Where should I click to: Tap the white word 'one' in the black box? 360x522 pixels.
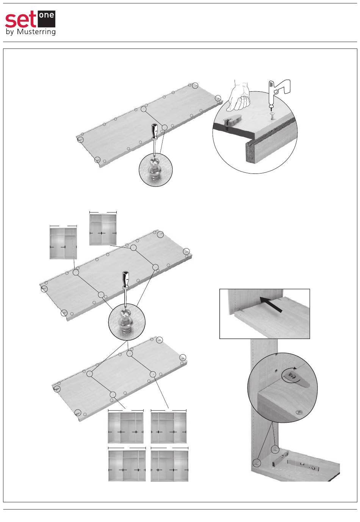pos(46,16)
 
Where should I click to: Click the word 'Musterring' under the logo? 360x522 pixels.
pos(36,32)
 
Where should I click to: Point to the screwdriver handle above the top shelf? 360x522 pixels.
pos(154,132)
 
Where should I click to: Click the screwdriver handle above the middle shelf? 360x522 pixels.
pos(125,280)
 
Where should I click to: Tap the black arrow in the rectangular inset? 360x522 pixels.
pos(271,304)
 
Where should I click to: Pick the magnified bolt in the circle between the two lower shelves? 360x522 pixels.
pos(125,321)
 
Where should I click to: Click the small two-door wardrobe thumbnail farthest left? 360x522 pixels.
pos(63,243)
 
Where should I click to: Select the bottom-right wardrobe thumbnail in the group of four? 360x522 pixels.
pos(169,466)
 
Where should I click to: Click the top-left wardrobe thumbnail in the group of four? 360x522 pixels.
pos(126,428)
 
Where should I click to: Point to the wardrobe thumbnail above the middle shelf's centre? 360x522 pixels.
pos(103,230)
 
